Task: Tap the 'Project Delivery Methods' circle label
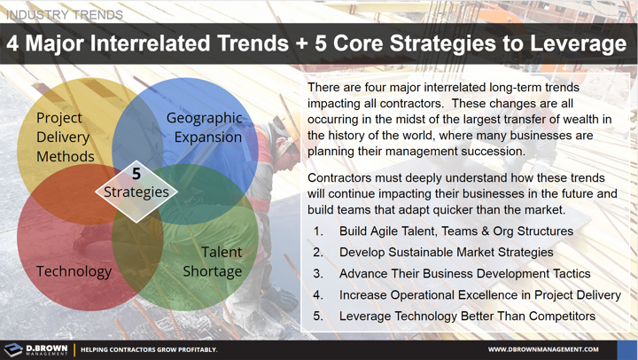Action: (65, 137)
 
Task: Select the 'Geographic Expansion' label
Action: (204, 127)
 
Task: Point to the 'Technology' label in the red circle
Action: (74, 271)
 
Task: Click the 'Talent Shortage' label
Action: (212, 262)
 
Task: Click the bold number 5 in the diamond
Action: (136, 174)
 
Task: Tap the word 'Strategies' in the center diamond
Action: (136, 192)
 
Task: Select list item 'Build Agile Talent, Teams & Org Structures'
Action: (455, 231)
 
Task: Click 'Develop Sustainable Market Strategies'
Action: (446, 253)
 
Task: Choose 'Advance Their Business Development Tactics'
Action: (464, 274)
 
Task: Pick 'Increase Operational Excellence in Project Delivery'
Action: (479, 295)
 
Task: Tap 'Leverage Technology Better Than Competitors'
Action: (467, 317)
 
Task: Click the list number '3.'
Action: (318, 274)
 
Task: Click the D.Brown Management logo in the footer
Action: (35, 349)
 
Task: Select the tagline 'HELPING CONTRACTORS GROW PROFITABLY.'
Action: (149, 349)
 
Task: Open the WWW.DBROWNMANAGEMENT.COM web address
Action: (542, 349)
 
